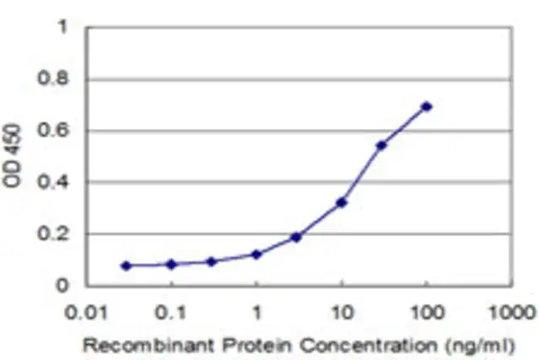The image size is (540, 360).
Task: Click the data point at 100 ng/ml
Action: (x=426, y=107)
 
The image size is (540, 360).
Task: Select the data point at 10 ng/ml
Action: (x=341, y=202)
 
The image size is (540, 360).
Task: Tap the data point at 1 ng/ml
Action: (x=256, y=255)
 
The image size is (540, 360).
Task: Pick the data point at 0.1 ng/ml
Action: (x=171, y=265)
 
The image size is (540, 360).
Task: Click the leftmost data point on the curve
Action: (x=127, y=266)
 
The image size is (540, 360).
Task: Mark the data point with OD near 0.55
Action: (x=381, y=146)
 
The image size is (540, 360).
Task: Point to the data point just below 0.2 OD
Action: (x=296, y=237)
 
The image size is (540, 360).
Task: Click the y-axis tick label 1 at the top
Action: (x=62, y=26)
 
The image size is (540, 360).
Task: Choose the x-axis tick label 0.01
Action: (x=87, y=313)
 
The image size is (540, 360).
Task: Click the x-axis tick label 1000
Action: (x=513, y=313)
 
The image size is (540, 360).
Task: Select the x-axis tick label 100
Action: (x=427, y=313)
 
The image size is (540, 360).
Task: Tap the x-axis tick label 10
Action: (x=342, y=313)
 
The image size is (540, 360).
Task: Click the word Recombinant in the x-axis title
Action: (x=148, y=345)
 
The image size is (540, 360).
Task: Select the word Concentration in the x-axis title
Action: (x=369, y=345)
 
